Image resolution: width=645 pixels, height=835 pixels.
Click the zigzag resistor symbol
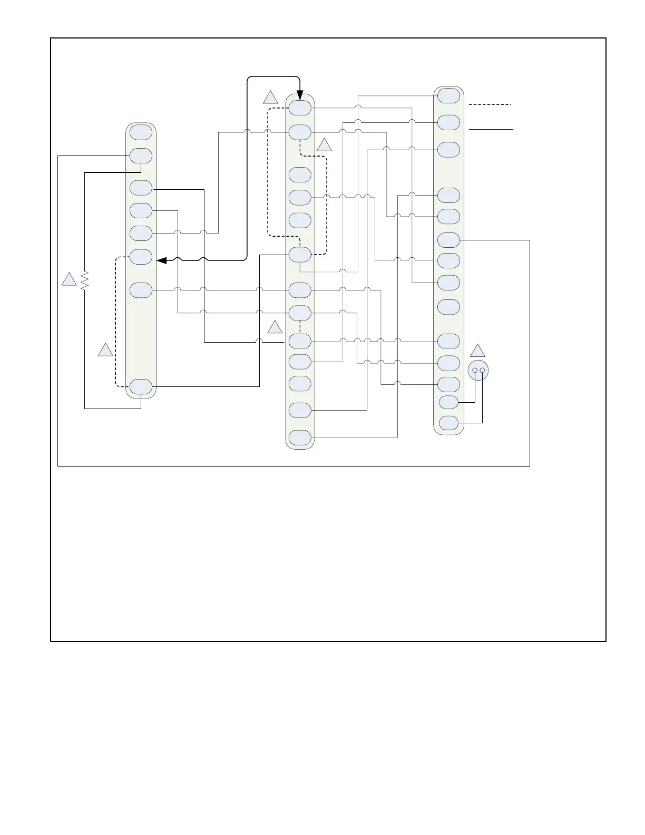[x=85, y=281]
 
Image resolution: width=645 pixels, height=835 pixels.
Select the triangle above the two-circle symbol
[x=478, y=351]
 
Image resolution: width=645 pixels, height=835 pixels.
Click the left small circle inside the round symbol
[x=475, y=371]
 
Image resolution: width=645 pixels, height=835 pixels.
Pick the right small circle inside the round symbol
[x=482, y=371]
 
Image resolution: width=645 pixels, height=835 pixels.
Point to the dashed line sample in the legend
[x=490, y=105]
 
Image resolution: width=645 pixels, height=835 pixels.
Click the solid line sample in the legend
[x=491, y=129]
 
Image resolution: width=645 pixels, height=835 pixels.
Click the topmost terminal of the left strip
[x=141, y=132]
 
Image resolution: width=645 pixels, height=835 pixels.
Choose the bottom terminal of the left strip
[x=141, y=387]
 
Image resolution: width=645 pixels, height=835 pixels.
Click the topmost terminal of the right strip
[x=448, y=96]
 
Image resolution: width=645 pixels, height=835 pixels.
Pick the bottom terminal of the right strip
[x=448, y=423]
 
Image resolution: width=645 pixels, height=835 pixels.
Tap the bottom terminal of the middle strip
[x=300, y=438]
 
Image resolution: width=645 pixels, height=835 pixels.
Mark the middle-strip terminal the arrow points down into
[x=300, y=108]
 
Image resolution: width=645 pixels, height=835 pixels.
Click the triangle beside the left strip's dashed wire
[x=106, y=350]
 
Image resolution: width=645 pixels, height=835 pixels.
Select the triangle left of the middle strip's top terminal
[x=271, y=98]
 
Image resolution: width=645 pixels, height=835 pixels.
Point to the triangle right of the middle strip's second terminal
[x=325, y=145]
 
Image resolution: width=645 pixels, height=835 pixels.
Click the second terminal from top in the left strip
[x=141, y=156]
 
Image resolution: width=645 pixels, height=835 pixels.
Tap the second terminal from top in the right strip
[x=448, y=122]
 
